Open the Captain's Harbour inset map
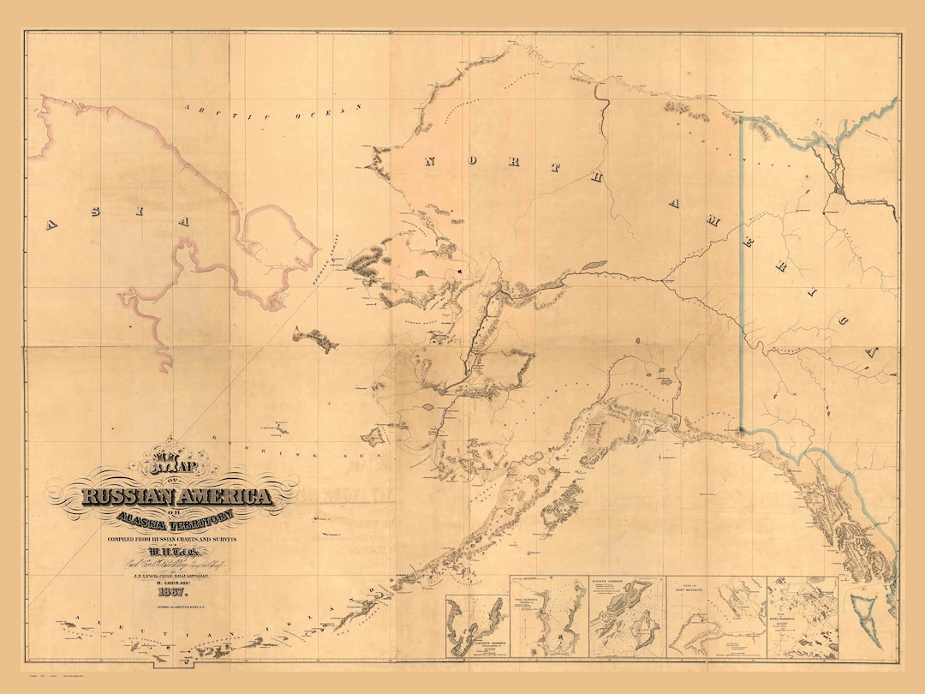476,625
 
